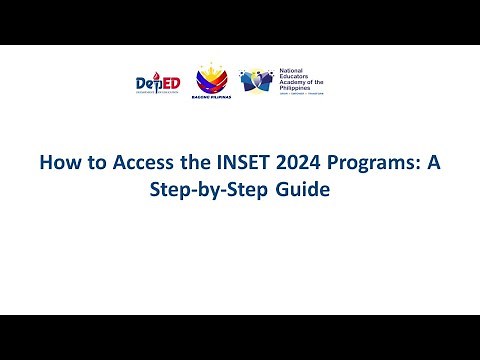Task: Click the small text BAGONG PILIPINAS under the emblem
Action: [210, 98]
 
